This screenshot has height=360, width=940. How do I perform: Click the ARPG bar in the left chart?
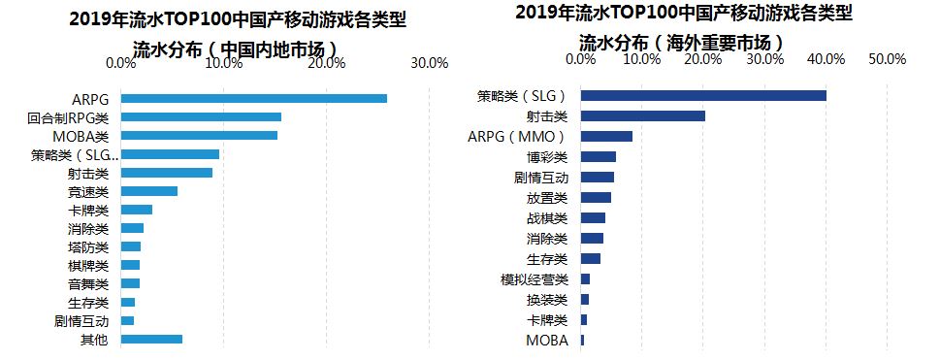pos(253,98)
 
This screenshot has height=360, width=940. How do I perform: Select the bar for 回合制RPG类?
pos(201,117)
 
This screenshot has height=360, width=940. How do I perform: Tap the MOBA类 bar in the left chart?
pos(199,136)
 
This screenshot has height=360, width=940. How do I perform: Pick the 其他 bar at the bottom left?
pos(151,340)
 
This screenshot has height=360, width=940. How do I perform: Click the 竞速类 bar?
pos(148,191)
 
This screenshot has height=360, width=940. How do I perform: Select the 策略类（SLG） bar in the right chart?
pos(703,95)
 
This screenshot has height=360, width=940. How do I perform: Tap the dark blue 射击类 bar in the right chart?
pos(642,116)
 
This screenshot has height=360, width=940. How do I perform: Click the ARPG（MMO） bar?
pos(606,137)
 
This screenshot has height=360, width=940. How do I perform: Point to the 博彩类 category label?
pos(547,156)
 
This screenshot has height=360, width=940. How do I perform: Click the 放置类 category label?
pos(547,198)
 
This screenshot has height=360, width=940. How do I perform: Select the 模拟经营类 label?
pos(540,279)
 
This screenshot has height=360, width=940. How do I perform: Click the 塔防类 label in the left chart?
pos(88,247)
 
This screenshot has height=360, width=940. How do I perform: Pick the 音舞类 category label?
pos(88,283)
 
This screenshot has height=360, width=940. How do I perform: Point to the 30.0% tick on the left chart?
pos(429,63)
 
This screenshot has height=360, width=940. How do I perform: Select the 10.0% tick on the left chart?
pos(223,63)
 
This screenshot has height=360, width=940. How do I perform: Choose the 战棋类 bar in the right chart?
pos(593,218)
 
